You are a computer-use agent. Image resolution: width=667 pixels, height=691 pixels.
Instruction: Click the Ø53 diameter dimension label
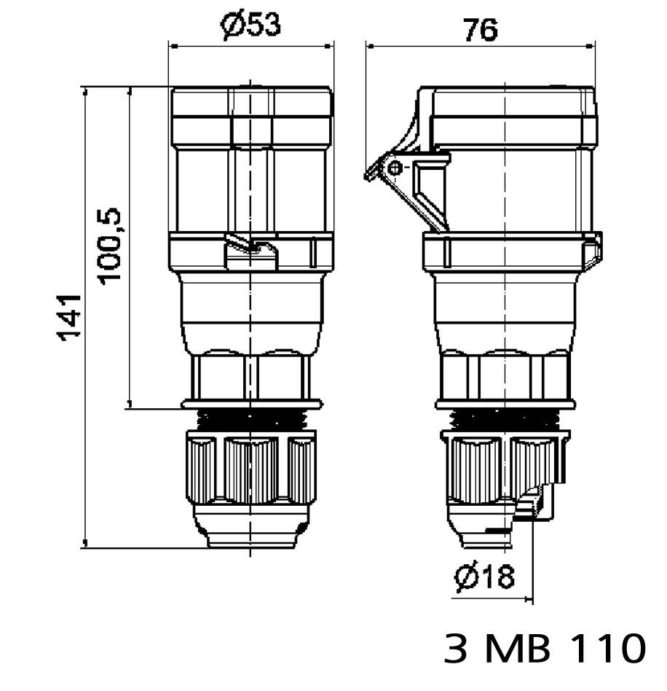250,26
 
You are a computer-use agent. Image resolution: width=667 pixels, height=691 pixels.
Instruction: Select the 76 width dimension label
480,29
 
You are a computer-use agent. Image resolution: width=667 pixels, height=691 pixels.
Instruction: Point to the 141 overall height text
70,317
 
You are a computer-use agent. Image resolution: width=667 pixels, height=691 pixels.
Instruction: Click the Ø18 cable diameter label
484,578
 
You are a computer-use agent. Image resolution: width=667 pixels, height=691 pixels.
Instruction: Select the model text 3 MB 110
545,648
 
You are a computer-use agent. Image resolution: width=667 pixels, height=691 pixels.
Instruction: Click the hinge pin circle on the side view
395,169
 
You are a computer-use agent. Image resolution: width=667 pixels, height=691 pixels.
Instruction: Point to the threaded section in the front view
250,421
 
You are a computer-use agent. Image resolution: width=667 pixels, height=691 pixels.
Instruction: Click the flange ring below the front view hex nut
250,404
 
